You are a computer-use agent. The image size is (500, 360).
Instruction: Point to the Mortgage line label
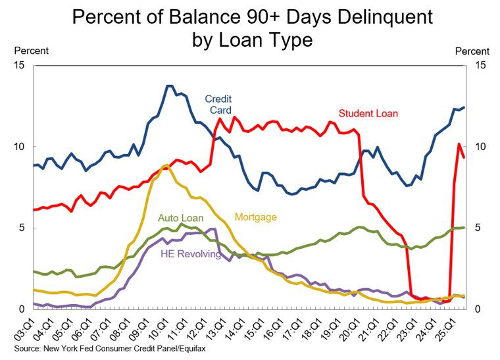coord(255,217)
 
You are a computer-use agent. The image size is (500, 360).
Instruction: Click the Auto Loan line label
coord(181,218)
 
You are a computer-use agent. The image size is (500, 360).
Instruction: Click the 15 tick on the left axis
coord(19,65)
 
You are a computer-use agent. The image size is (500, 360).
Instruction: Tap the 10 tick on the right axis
coord(478,147)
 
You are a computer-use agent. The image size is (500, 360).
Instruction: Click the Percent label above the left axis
coord(31,51)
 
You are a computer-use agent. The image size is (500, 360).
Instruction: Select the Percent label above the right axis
coord(472,51)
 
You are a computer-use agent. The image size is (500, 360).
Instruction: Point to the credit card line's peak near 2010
coord(169,86)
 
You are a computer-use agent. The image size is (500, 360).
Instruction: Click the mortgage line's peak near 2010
coord(165,165)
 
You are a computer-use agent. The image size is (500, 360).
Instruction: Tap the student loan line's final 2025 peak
coord(459,143)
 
